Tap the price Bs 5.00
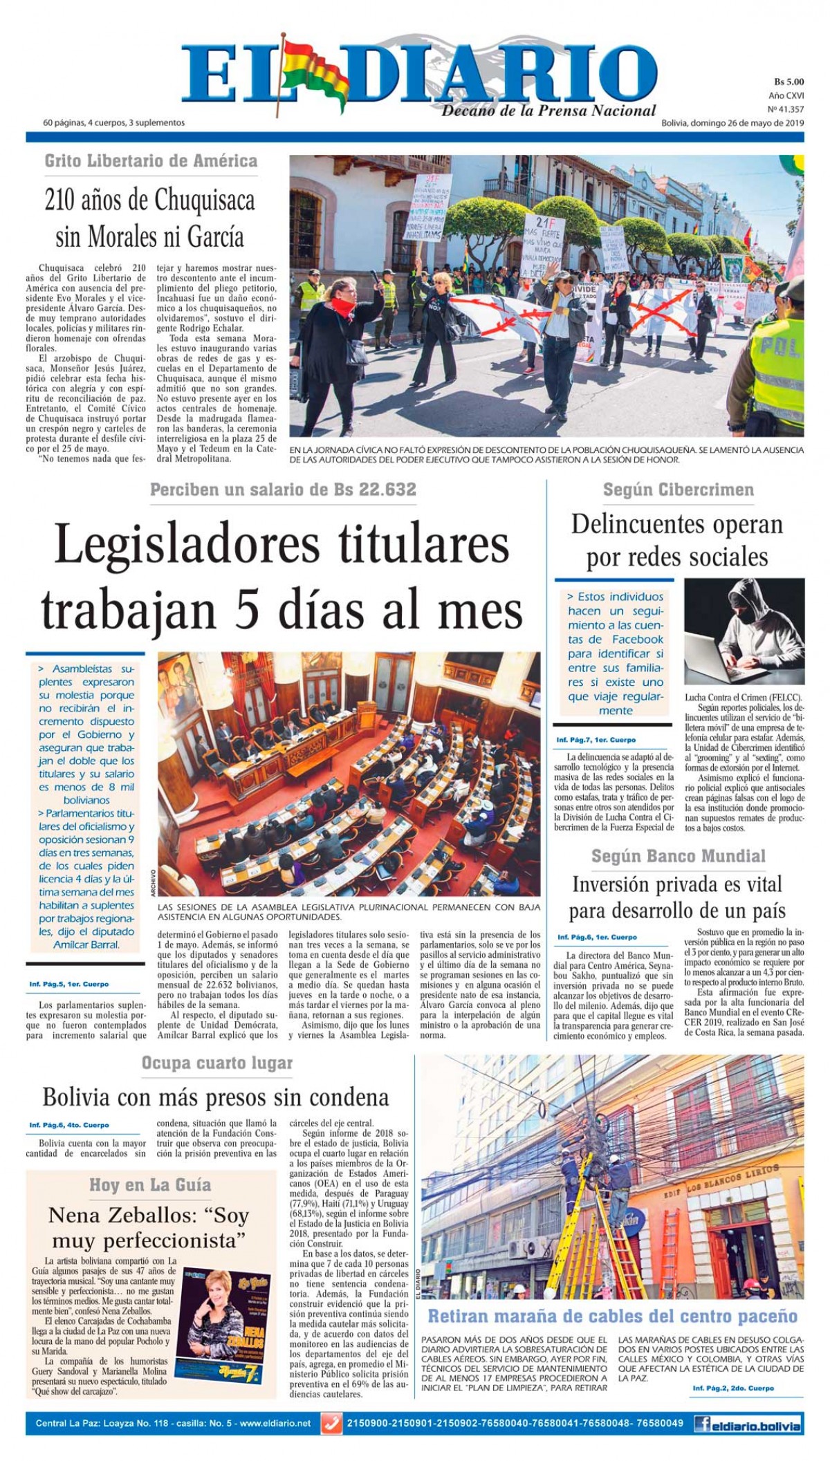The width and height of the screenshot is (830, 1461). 788,82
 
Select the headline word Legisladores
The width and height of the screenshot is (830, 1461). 187,545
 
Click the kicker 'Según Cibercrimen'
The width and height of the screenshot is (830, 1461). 678,490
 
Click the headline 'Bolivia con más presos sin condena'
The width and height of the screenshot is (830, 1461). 216,1097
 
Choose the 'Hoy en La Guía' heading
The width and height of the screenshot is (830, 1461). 150,1185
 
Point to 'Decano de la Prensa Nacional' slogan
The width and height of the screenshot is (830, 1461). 548,111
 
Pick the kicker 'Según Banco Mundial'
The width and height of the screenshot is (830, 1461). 678,857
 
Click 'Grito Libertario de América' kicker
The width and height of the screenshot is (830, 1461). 151,161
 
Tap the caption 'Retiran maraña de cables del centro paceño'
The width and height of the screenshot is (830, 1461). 612,1316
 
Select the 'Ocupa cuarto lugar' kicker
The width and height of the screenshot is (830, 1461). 217,1063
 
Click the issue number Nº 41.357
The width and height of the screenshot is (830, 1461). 786,109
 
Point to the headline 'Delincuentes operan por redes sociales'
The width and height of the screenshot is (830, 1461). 677,541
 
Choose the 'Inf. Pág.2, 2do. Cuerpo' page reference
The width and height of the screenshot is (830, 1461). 733,1388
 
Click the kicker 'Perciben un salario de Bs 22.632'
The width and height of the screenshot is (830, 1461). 284,490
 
